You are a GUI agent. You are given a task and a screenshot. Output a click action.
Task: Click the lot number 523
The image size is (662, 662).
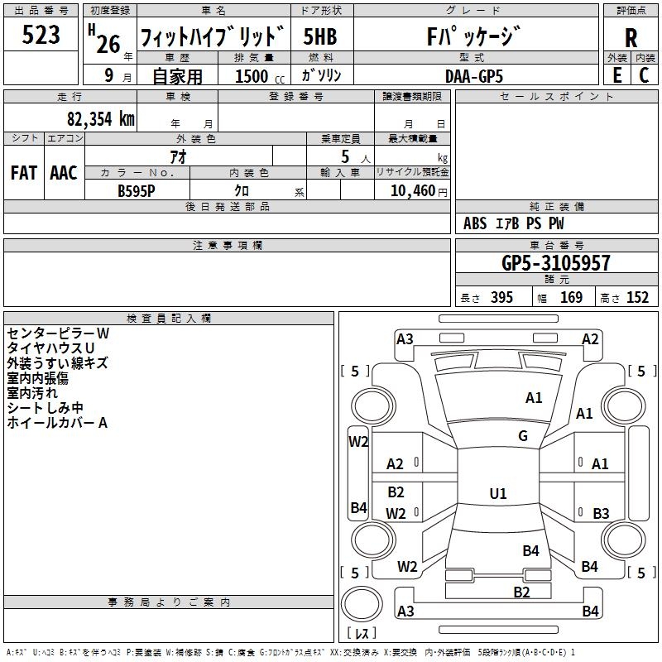(x=41, y=36)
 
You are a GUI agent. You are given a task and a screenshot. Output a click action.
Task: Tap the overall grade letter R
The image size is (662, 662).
(x=631, y=38)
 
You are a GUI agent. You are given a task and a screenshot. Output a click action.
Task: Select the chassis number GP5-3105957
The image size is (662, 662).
(x=556, y=264)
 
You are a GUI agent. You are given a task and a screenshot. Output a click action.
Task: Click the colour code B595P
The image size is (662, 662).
(x=137, y=190)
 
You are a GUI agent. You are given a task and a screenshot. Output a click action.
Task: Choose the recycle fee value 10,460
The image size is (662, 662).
(x=411, y=190)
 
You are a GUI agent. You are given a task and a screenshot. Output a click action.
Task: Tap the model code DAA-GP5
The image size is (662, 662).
(x=474, y=75)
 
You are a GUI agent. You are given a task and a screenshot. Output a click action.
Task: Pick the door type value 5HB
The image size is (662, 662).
(x=319, y=36)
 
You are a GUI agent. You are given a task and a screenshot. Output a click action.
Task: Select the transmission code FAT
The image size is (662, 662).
(x=23, y=173)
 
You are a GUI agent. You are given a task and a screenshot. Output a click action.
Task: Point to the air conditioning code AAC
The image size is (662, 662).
(x=63, y=173)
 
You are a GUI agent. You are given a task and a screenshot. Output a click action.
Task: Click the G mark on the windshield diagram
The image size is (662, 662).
(x=523, y=436)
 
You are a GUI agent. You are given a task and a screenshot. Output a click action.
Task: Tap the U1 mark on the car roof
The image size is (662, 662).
(x=497, y=494)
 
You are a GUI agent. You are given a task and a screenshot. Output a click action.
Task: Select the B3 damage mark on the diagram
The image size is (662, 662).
(x=601, y=514)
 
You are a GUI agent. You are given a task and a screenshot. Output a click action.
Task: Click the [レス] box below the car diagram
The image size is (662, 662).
(x=362, y=634)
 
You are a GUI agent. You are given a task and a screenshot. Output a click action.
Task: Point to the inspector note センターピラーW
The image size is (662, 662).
(x=58, y=333)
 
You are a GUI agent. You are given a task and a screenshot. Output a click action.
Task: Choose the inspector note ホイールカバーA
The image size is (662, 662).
(x=57, y=423)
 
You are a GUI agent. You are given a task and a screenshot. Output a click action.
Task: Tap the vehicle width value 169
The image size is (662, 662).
(x=571, y=298)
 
